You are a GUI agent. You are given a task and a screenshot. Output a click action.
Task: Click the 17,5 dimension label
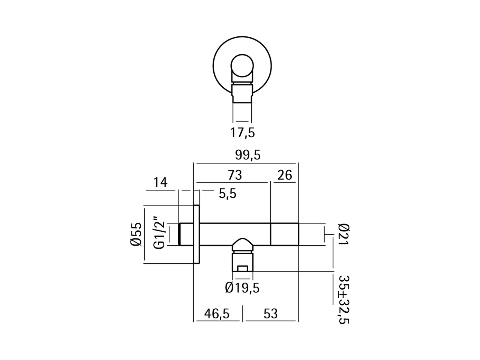242,132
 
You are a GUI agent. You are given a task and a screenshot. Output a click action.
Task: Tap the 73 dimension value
235,175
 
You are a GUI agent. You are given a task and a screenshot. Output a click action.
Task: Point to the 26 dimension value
285,175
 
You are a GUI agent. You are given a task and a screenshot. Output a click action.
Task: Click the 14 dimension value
160,183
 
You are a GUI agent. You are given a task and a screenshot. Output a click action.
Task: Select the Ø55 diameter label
136,234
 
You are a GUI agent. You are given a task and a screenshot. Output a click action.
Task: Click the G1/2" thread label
159,232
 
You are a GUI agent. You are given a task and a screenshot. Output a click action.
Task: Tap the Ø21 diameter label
343,234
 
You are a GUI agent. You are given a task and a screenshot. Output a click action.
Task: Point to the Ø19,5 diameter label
242,288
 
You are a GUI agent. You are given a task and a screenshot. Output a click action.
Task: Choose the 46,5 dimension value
216,313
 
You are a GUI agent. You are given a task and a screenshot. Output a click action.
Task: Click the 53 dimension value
270,313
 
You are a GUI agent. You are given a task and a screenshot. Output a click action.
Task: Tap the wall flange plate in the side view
196,234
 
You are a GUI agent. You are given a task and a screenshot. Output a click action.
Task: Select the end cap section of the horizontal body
284,234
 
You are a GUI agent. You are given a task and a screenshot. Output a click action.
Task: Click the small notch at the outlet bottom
242,268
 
